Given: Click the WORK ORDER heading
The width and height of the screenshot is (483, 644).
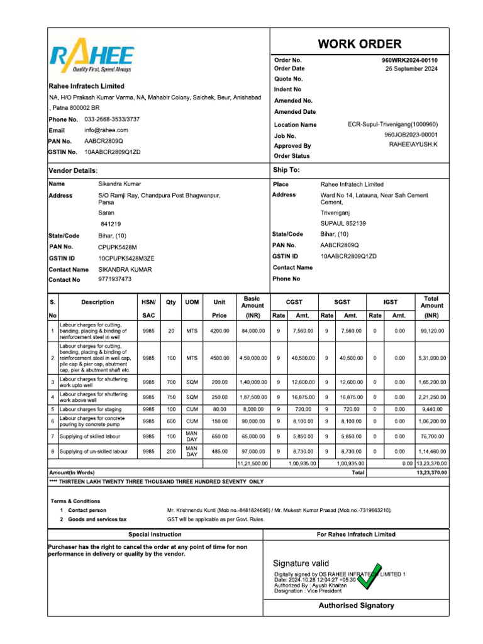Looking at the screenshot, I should coord(359,44).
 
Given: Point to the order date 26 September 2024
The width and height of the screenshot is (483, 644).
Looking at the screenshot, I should coord(411,69).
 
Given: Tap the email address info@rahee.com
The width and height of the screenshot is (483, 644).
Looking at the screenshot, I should coord(106,130).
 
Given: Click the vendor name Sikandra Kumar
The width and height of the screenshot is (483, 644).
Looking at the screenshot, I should coord(119,184).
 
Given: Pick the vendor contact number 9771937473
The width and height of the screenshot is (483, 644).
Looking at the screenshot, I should coord(115,279).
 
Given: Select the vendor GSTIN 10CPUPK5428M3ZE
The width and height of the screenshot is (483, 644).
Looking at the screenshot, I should coord(126,258).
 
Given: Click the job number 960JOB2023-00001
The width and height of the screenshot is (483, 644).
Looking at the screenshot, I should coord(411,135).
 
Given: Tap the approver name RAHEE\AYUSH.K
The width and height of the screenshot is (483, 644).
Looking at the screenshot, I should coord(413,145).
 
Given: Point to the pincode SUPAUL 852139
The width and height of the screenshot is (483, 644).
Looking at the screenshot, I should coord(343,223).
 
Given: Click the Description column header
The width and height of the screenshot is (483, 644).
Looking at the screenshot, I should coord(97,303).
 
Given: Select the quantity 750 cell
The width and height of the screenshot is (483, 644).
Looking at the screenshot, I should coord(171,397).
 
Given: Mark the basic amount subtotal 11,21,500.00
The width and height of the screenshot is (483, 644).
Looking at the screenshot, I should coord(252,464).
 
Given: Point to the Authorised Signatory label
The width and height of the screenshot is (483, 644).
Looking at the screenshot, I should coord(356,606).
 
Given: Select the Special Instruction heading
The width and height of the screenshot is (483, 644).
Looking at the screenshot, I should coord(155,535).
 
